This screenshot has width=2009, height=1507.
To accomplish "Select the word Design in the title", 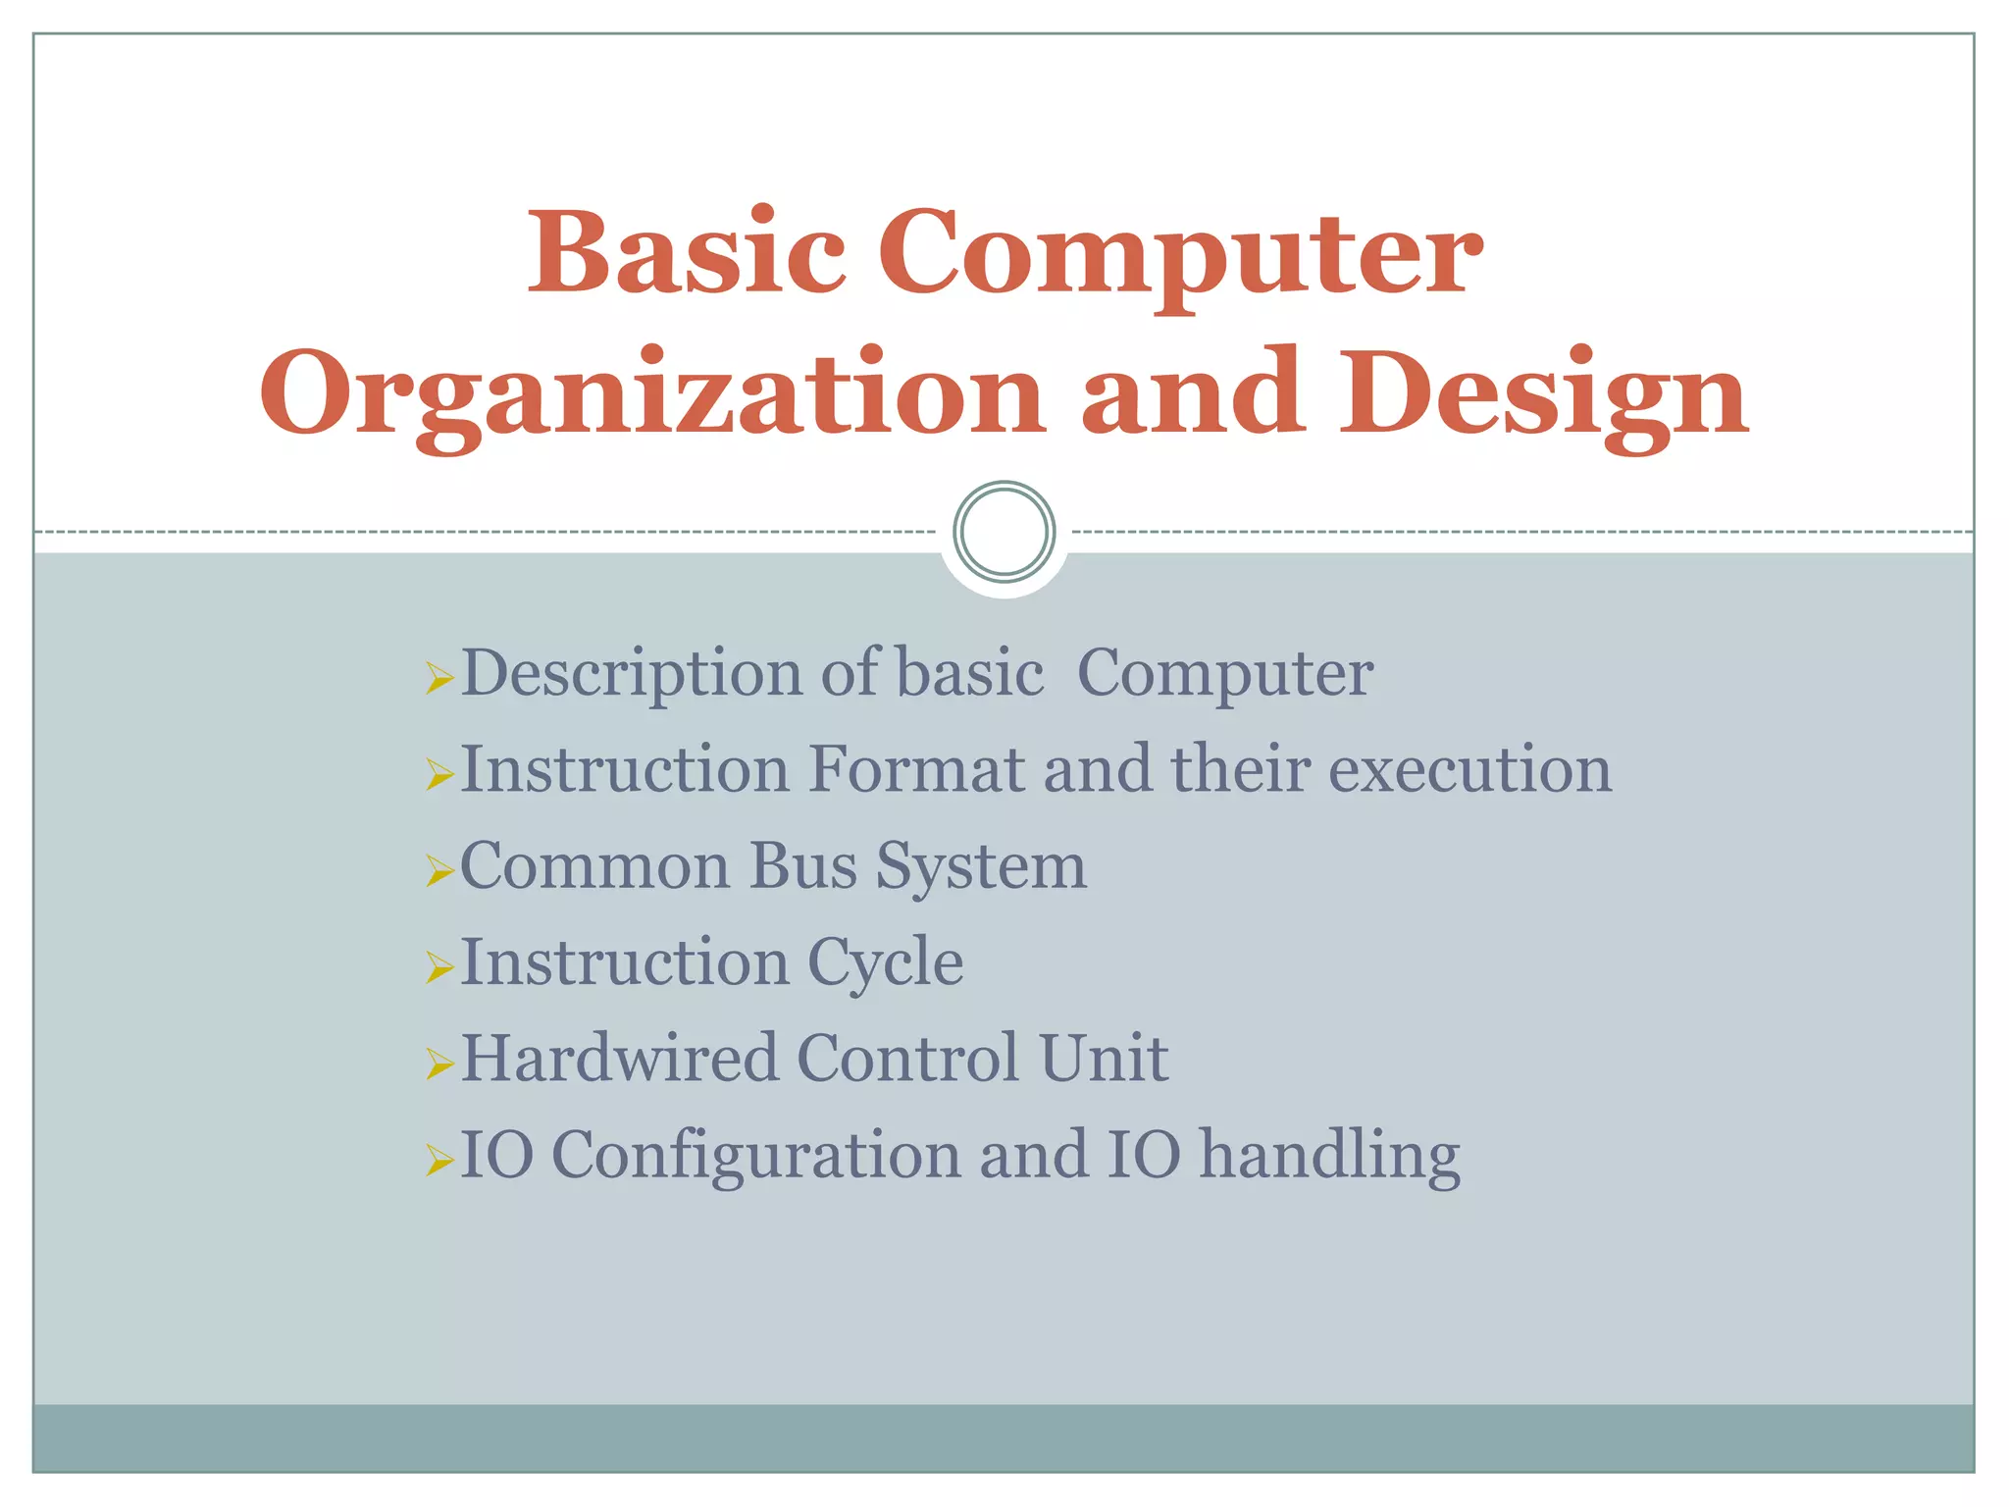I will (1545, 394).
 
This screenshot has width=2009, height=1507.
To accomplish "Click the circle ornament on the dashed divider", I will (1004, 531).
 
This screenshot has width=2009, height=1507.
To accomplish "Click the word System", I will (980, 867).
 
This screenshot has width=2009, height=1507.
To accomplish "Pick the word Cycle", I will (885, 963).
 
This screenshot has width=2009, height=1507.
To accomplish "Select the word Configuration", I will (756, 1156).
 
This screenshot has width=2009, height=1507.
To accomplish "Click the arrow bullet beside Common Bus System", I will (439, 870).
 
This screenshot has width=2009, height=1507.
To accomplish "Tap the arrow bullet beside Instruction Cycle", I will (439, 967).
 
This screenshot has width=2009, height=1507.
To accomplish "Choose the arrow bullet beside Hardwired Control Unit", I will (439, 1064).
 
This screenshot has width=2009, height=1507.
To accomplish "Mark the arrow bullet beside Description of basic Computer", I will (439, 678).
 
